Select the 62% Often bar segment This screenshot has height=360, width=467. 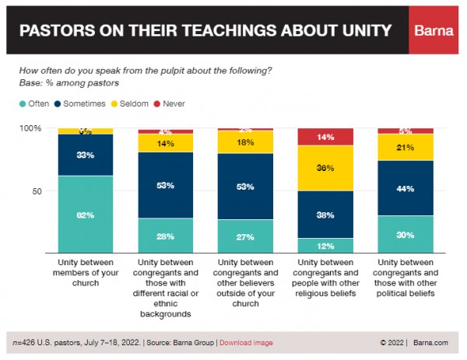[85, 214]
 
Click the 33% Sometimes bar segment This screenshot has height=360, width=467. [85, 155]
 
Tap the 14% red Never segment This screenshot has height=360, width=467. [325, 137]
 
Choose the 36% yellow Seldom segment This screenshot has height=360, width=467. [325, 168]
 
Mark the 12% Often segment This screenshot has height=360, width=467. [325, 246]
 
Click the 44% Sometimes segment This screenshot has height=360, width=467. [406, 188]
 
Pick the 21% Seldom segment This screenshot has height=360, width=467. [406, 148]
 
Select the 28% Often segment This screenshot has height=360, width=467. [165, 236]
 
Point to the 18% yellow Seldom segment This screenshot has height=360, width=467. [245, 142]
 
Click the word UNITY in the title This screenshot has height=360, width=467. [363, 32]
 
